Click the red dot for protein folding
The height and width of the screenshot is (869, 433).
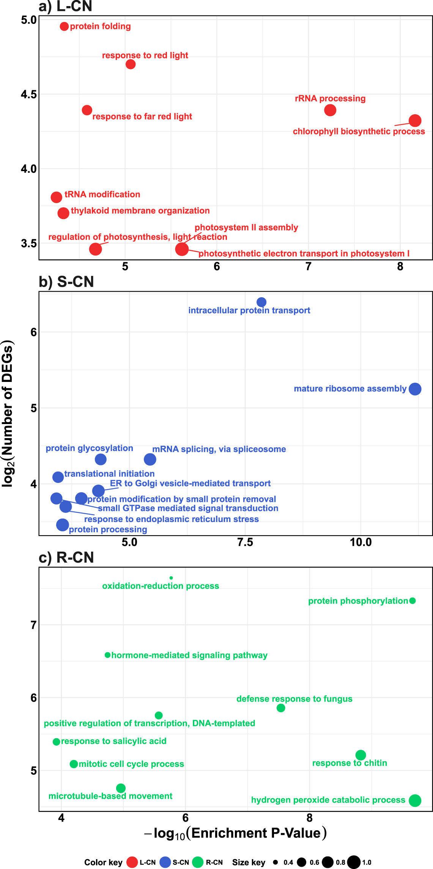point(64,26)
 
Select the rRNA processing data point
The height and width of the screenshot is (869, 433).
point(330,110)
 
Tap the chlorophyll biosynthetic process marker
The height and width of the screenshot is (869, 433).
point(415,121)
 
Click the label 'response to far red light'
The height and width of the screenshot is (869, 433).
point(142,117)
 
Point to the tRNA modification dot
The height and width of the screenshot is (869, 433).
point(56,197)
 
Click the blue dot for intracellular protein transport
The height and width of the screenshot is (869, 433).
point(261,302)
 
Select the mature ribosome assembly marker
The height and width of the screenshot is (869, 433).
point(415,389)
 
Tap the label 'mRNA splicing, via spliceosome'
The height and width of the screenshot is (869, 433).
point(219,449)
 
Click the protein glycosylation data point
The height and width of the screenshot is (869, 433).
point(100,459)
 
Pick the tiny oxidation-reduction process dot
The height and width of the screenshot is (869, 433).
point(171,578)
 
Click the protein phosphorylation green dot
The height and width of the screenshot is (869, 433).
point(413,601)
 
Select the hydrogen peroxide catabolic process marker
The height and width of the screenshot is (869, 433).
point(415,800)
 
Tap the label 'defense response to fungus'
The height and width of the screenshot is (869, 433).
point(294,699)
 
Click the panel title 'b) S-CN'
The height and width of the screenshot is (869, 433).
point(66,282)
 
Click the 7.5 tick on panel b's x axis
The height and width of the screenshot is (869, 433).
point(245,542)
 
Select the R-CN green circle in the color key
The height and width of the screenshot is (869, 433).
point(198,862)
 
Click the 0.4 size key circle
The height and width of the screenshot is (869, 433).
point(276,862)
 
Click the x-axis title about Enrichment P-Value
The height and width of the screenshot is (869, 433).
point(235,833)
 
